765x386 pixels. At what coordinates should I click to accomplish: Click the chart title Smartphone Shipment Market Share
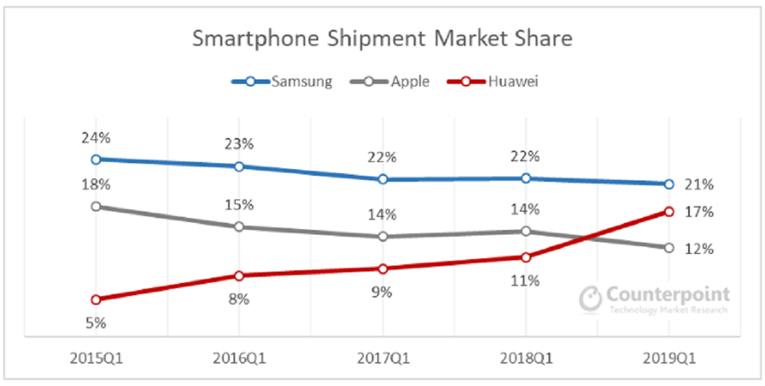[x=382, y=39]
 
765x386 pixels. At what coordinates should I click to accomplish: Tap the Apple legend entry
[x=395, y=81]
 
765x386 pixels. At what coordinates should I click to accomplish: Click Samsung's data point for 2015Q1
[x=96, y=159]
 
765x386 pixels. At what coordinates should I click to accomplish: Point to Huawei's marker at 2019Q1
[x=668, y=211]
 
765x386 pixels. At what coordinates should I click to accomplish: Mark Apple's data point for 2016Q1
[x=238, y=227]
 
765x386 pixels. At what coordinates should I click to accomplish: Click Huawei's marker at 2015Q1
[x=96, y=299]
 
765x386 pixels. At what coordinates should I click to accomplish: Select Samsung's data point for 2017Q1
[x=382, y=179]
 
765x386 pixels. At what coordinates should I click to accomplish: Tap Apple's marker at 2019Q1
[x=668, y=248]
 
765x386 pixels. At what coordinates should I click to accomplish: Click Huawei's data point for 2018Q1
[x=526, y=257]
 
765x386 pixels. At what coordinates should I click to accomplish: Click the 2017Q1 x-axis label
[x=382, y=357]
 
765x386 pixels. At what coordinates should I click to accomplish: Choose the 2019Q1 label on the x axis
[x=668, y=357]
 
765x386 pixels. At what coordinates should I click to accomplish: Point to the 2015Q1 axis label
[x=96, y=357]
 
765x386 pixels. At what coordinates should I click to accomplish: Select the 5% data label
[x=96, y=323]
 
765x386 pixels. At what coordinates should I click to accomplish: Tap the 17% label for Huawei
[x=699, y=212]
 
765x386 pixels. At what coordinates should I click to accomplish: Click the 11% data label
[x=526, y=281]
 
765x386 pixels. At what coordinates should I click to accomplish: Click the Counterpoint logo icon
[x=592, y=298]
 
